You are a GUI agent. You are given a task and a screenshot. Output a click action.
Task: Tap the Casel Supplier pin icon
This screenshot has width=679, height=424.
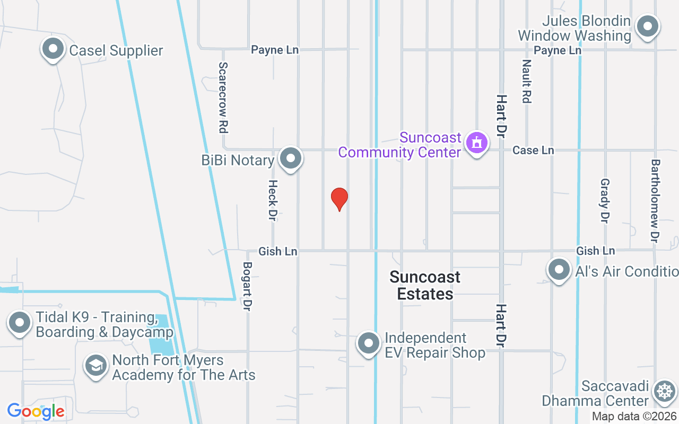point(53,49)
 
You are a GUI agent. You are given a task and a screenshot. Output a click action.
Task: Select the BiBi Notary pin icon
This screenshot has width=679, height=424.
point(290,158)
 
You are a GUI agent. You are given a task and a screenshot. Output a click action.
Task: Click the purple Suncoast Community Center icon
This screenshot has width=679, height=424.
point(476,143)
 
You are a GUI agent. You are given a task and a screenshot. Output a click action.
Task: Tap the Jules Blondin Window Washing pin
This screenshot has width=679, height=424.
point(647,26)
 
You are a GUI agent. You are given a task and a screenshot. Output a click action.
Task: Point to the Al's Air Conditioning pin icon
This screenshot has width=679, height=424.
point(559,270)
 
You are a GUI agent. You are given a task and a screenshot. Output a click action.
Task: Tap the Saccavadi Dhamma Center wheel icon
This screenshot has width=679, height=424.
point(664,392)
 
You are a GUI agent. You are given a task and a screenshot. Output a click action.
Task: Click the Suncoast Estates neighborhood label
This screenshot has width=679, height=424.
point(425,285)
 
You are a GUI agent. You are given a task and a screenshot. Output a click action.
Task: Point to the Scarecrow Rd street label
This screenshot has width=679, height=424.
point(223,98)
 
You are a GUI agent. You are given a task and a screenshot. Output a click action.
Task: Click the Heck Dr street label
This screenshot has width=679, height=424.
point(273,200)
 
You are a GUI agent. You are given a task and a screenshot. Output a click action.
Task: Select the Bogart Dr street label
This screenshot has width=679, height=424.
point(247,286)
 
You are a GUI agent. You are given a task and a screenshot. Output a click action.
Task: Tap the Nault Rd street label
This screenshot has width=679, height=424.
point(526,81)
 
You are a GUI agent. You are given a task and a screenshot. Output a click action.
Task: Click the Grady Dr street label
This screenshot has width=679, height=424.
point(604,200)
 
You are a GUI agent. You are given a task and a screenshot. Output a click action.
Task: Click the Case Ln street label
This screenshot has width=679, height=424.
point(533,151)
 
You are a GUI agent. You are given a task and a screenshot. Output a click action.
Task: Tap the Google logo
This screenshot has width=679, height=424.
point(36,411)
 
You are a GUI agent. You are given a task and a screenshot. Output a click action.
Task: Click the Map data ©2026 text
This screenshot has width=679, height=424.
point(634,417)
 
